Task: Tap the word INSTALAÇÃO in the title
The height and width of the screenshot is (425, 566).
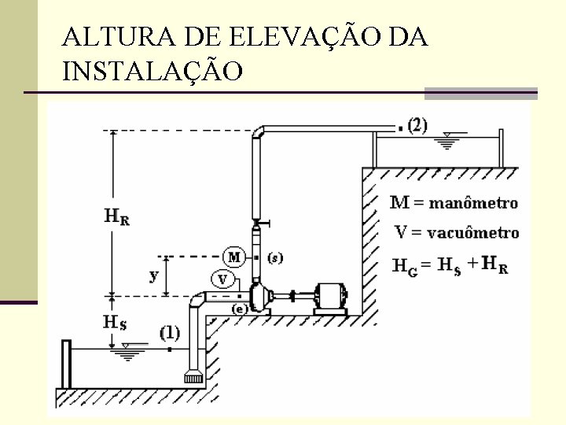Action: (153, 72)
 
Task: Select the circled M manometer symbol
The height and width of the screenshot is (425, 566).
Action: (234, 257)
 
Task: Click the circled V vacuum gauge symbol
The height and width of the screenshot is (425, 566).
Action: (222, 279)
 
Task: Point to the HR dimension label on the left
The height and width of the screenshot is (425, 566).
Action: (116, 216)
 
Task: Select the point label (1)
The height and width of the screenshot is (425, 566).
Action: (170, 333)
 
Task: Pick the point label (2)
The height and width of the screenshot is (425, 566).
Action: (417, 125)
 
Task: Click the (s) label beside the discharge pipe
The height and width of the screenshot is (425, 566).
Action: (276, 257)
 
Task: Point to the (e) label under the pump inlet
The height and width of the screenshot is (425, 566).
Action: (240, 309)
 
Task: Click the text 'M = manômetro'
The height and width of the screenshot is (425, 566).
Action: (454, 203)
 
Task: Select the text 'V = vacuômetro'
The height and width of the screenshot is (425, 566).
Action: (456, 233)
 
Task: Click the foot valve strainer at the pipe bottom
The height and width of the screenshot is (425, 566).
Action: (193, 377)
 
